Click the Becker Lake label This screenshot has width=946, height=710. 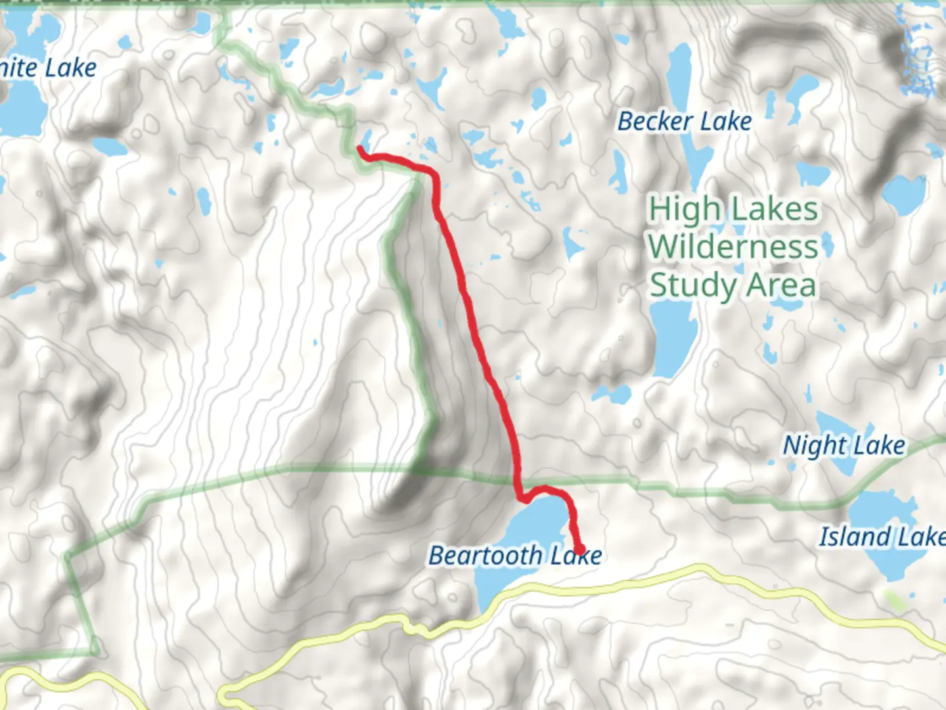685,122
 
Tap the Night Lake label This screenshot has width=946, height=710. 844,446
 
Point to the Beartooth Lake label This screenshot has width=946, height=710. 515,556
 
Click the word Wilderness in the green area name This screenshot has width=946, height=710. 733,247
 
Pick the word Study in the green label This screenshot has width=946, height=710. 693,286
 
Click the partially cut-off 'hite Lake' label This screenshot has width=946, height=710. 48,68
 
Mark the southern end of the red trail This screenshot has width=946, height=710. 579,550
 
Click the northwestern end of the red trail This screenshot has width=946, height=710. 361,150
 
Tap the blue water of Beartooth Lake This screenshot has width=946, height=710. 526,526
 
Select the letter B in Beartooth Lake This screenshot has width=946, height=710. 438,556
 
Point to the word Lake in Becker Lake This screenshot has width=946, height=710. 726,122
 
